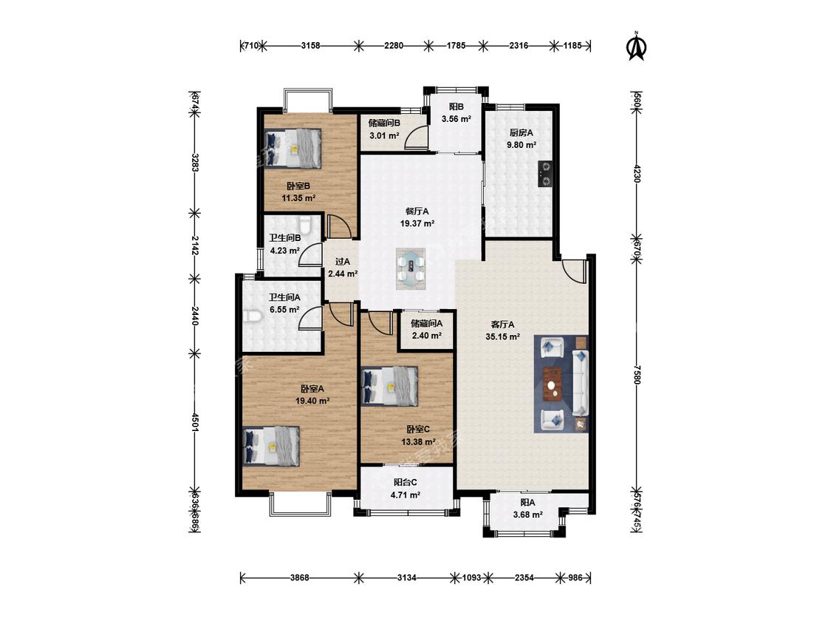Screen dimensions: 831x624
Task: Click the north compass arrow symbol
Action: pos(637,47)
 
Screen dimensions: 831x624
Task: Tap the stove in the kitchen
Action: pos(545,174)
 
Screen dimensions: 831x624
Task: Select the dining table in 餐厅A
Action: pos(411,268)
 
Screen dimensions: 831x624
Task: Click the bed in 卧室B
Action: pos(293,149)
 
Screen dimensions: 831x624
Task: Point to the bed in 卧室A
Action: pos(271,447)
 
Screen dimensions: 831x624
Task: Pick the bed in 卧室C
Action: pos(389,386)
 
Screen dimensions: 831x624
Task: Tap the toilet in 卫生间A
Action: pos(254,316)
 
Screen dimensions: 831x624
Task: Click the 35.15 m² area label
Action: pos(502,336)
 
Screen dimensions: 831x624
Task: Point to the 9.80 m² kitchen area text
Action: pos(521,144)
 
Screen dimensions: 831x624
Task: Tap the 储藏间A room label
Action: pos(427,323)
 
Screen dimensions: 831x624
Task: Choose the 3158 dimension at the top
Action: pos(310,46)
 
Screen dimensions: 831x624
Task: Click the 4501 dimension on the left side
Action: pos(194,422)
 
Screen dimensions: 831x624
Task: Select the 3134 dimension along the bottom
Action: pos(406,578)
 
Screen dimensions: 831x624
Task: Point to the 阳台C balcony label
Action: pos(406,482)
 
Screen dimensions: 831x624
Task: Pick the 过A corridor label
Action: pos(343,262)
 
